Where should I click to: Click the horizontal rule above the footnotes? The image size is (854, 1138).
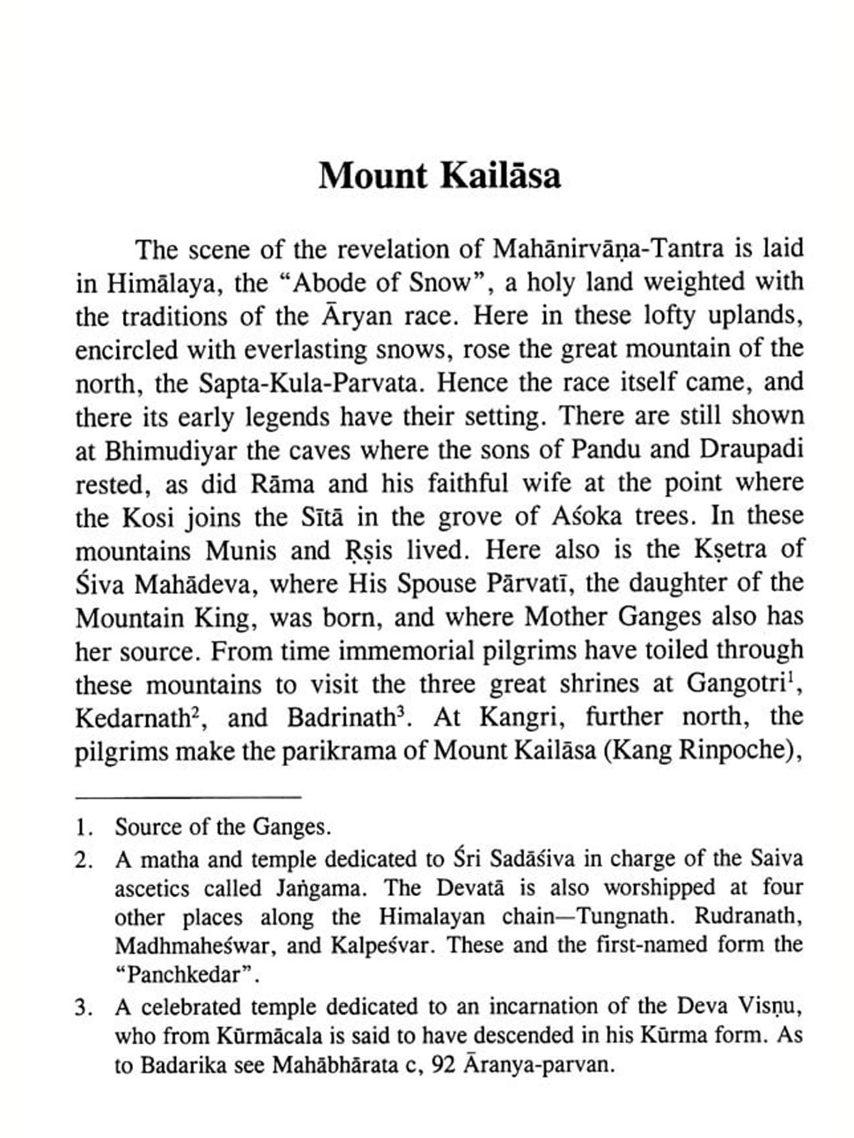pyautogui.click(x=188, y=797)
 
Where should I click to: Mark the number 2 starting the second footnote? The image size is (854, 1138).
pyautogui.click(x=83, y=860)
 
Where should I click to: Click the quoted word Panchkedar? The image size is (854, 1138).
pyautogui.click(x=187, y=975)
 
